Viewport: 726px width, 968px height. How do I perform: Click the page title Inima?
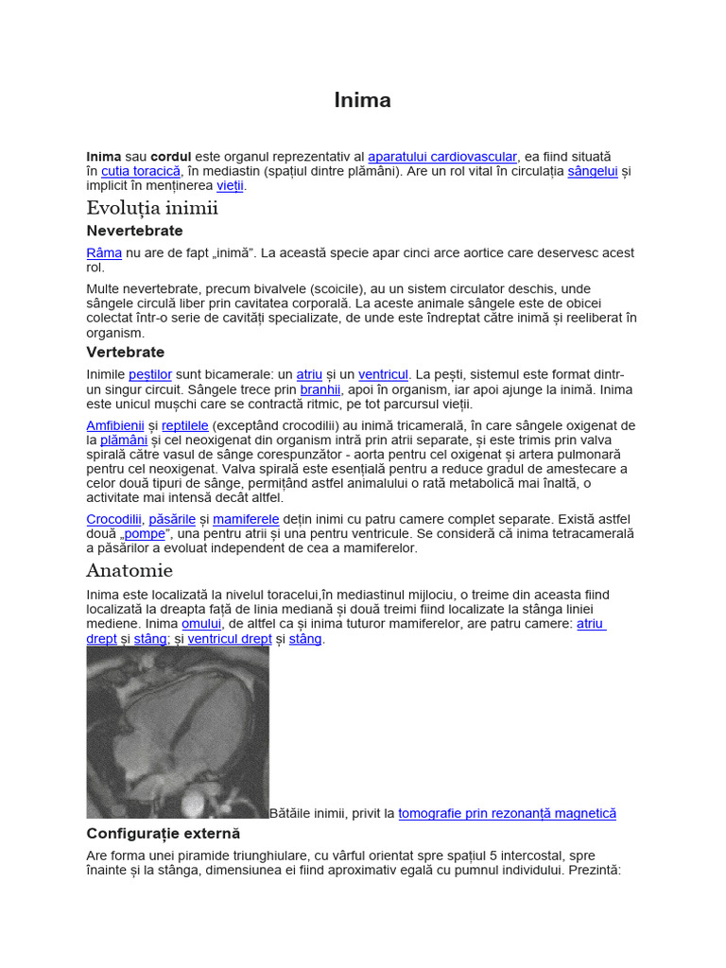[362, 100]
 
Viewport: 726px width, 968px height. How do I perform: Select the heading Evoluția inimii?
[152, 208]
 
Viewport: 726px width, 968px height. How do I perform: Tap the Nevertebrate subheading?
[134, 231]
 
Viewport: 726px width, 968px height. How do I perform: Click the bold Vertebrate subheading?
[126, 353]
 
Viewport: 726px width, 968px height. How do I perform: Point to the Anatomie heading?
[130, 570]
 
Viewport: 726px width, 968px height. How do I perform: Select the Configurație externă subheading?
[164, 834]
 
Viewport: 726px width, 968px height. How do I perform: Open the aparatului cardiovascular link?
[442, 156]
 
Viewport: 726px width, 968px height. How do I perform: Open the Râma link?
[104, 253]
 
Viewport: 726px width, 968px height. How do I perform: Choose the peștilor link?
[150, 375]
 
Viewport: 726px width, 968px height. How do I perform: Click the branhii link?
[320, 389]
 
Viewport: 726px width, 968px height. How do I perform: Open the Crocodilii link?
[113, 519]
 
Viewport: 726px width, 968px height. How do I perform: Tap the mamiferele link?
[246, 519]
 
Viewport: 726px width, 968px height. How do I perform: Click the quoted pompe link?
[144, 534]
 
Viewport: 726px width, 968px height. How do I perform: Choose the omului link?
[201, 624]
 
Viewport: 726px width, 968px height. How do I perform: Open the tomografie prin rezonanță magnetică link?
[507, 813]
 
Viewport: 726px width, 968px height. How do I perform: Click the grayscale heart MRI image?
[178, 732]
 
